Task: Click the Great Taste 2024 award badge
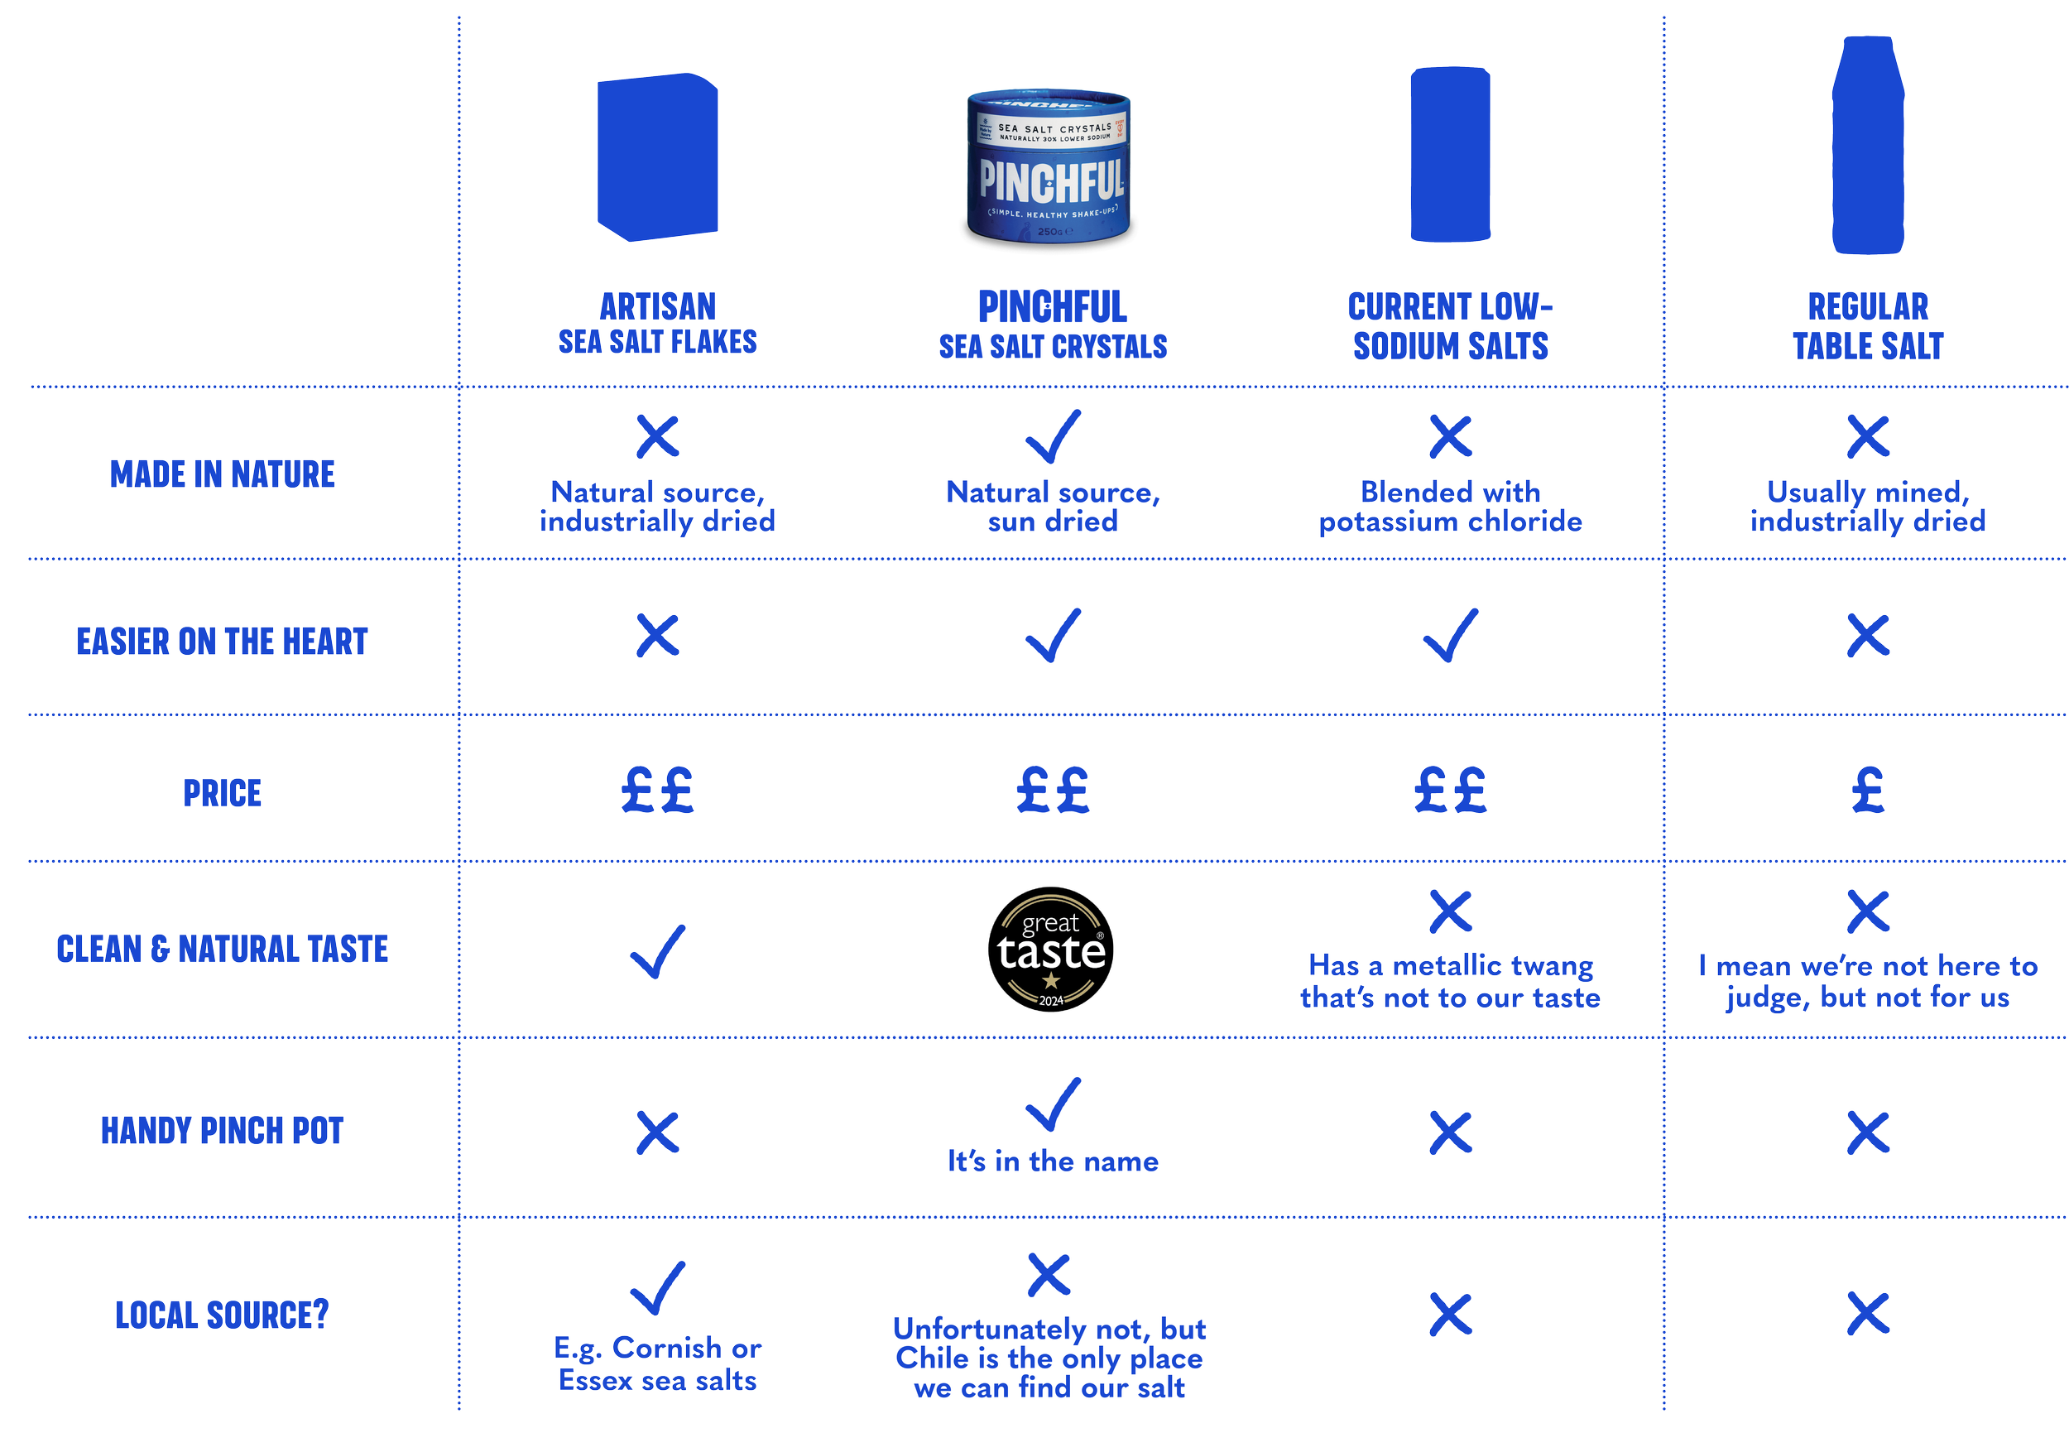click(x=1051, y=949)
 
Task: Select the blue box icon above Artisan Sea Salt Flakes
click(x=658, y=157)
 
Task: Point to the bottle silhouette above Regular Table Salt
click(x=1868, y=146)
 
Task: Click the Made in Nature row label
click(x=223, y=474)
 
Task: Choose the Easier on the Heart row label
click(x=223, y=641)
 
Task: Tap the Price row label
click(x=223, y=792)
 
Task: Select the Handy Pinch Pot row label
click(x=223, y=1130)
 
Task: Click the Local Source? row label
click(x=223, y=1314)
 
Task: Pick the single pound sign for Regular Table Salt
click(x=1868, y=790)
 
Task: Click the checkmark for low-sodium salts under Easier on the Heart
click(x=1450, y=635)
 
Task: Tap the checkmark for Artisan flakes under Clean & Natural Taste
click(x=658, y=951)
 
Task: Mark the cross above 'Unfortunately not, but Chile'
click(x=1049, y=1275)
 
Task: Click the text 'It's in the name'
click(x=1053, y=1161)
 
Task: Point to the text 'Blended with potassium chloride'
click(x=1450, y=507)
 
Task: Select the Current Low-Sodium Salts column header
click(x=1450, y=326)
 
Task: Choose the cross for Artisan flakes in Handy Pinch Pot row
click(x=658, y=1132)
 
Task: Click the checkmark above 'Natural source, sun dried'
click(x=1053, y=436)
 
